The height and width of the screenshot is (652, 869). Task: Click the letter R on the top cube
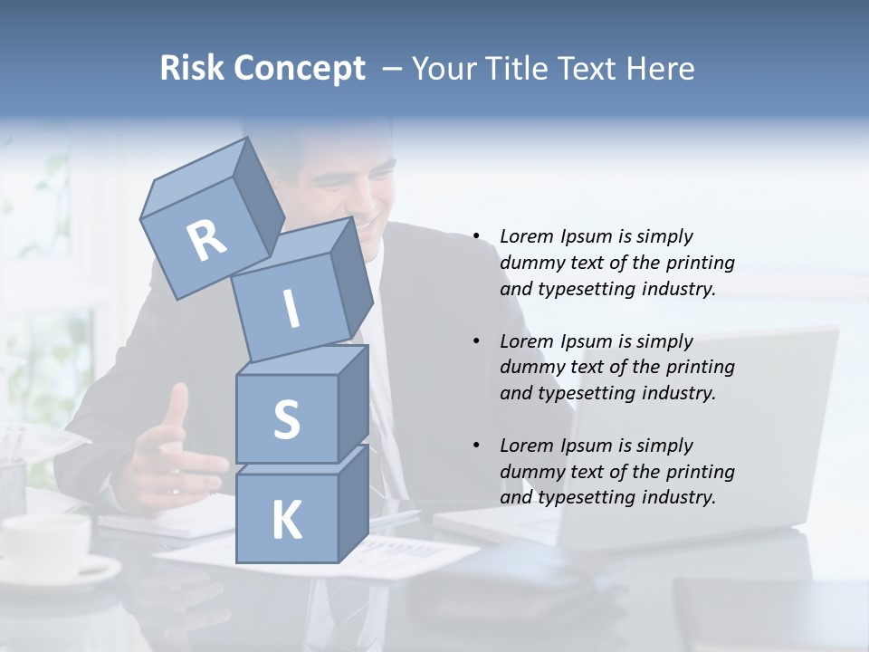click(x=206, y=241)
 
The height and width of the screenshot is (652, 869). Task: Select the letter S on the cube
click(x=286, y=419)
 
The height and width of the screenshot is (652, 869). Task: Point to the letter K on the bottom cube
click(x=286, y=521)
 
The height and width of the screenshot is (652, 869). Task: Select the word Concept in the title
click(x=299, y=69)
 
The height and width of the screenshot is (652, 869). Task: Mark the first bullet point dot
click(x=476, y=236)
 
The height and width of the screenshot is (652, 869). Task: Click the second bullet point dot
click(x=476, y=341)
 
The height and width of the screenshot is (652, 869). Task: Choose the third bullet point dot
click(x=476, y=446)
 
